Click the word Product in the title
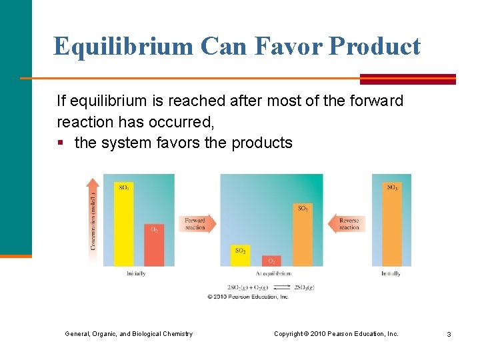pyautogui.click(x=375, y=47)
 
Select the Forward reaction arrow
pyautogui.click(x=197, y=223)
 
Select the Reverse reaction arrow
pyautogui.click(x=347, y=223)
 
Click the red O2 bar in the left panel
pyautogui.click(x=154, y=245)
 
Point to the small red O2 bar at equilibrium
pyautogui.click(x=271, y=261)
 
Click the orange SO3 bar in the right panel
pyautogui.click(x=393, y=223)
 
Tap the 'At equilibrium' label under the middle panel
pyautogui.click(x=273, y=273)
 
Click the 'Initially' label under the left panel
pyautogui.click(x=136, y=273)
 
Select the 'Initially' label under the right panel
pyautogui.click(x=391, y=273)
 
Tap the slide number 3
pyautogui.click(x=449, y=334)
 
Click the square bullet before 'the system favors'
pyautogui.click(x=61, y=143)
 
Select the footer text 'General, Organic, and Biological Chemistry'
pyautogui.click(x=129, y=333)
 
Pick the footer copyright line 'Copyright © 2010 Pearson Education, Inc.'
pyautogui.click(x=336, y=333)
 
